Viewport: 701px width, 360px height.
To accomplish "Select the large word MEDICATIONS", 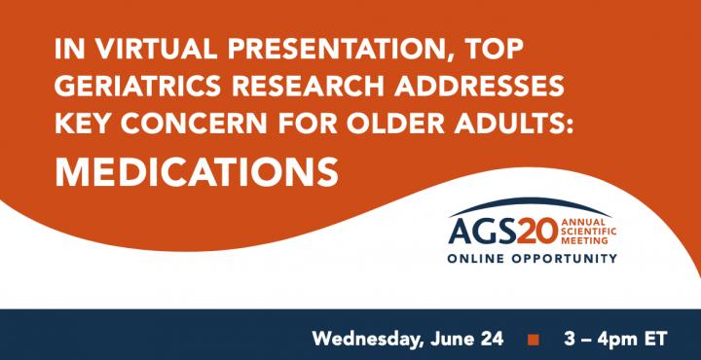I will coord(197,170).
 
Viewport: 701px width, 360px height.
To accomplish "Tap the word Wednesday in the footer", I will coord(363,339).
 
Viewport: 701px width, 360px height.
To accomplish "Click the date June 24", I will coord(467,339).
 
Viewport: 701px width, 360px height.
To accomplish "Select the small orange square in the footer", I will coord(533,340).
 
